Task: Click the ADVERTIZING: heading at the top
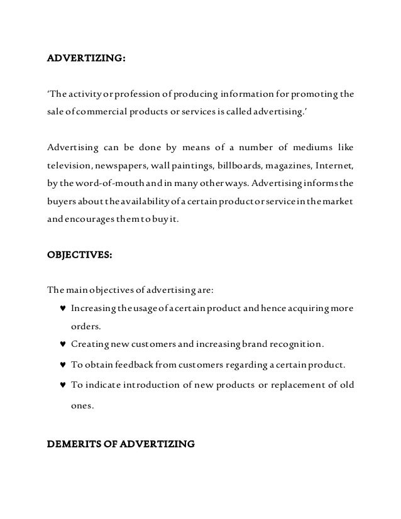[x=87, y=58]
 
